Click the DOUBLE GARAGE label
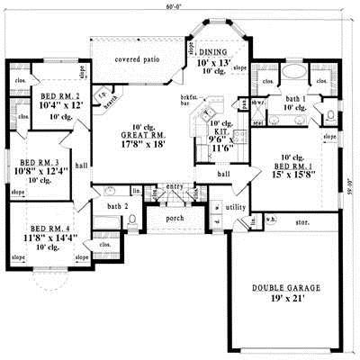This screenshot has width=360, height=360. tap(283, 289)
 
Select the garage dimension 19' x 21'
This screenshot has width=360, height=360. tap(283, 301)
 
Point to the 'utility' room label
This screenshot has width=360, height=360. tap(236, 207)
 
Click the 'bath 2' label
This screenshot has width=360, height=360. tap(112, 207)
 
